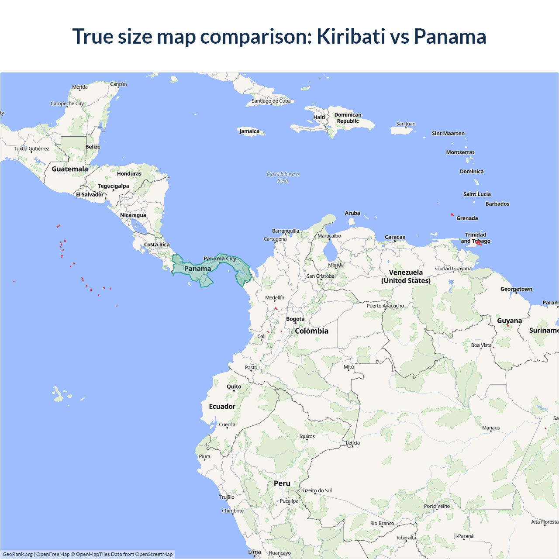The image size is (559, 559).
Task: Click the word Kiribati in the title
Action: pyautogui.click(x=351, y=36)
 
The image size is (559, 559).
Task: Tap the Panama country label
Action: pyautogui.click(x=197, y=269)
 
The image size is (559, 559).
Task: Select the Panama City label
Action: pyautogui.click(x=220, y=259)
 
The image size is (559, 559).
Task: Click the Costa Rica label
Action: pyautogui.click(x=157, y=245)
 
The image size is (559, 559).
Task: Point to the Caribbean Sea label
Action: pyautogui.click(x=283, y=177)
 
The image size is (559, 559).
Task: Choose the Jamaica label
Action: pyautogui.click(x=249, y=131)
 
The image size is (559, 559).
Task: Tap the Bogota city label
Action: pyautogui.click(x=295, y=319)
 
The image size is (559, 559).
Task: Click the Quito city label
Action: pyautogui.click(x=234, y=386)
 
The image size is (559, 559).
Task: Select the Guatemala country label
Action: pyautogui.click(x=70, y=169)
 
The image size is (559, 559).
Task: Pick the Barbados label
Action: pyautogui.click(x=497, y=204)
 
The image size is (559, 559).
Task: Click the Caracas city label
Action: pyautogui.click(x=395, y=237)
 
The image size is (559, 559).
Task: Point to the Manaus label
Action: pyautogui.click(x=491, y=428)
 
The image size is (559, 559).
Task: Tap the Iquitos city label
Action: pyautogui.click(x=307, y=436)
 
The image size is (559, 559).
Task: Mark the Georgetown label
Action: pyautogui.click(x=516, y=289)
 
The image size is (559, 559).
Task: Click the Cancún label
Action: pyautogui.click(x=118, y=84)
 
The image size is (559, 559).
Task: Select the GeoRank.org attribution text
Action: pyautogui.click(x=17, y=554)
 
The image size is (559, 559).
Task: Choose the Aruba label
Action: pyautogui.click(x=352, y=213)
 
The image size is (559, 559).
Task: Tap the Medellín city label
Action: pyautogui.click(x=275, y=298)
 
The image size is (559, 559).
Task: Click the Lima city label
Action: pyautogui.click(x=255, y=552)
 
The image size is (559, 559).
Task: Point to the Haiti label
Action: pyautogui.click(x=319, y=117)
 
